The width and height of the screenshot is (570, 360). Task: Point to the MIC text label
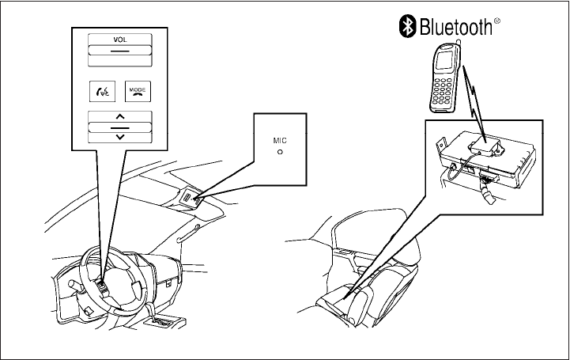click(280, 139)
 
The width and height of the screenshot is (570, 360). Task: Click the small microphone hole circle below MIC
click(280, 150)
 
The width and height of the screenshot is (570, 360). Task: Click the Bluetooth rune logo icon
click(406, 27)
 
